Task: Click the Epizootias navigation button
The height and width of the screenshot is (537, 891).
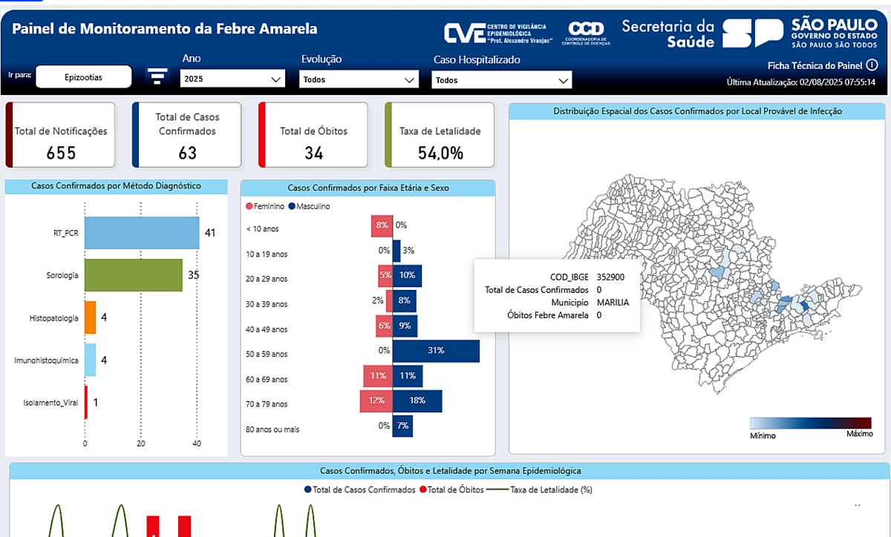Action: click(x=83, y=76)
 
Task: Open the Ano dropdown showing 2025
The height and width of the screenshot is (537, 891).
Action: click(x=232, y=79)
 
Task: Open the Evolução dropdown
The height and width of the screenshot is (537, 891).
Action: click(x=359, y=79)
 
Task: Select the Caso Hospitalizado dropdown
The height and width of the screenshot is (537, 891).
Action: click(x=502, y=80)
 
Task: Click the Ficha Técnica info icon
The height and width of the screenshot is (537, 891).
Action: click(x=872, y=65)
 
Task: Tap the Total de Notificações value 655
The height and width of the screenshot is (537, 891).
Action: click(x=61, y=153)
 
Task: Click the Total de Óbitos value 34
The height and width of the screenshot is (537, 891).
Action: click(x=313, y=153)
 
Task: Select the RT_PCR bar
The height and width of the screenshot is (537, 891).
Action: click(x=141, y=233)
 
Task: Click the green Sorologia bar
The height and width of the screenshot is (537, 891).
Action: click(x=133, y=275)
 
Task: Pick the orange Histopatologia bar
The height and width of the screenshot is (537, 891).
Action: click(x=90, y=317)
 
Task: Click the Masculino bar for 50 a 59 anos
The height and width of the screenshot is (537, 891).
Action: click(x=436, y=350)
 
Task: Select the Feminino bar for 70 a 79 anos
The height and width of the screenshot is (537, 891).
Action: click(x=376, y=401)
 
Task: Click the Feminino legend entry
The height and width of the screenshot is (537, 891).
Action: click(x=265, y=206)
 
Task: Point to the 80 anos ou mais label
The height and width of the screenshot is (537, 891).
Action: click(x=272, y=429)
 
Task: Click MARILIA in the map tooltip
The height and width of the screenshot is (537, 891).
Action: click(x=613, y=303)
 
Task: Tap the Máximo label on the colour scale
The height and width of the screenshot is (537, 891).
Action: click(x=860, y=435)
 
